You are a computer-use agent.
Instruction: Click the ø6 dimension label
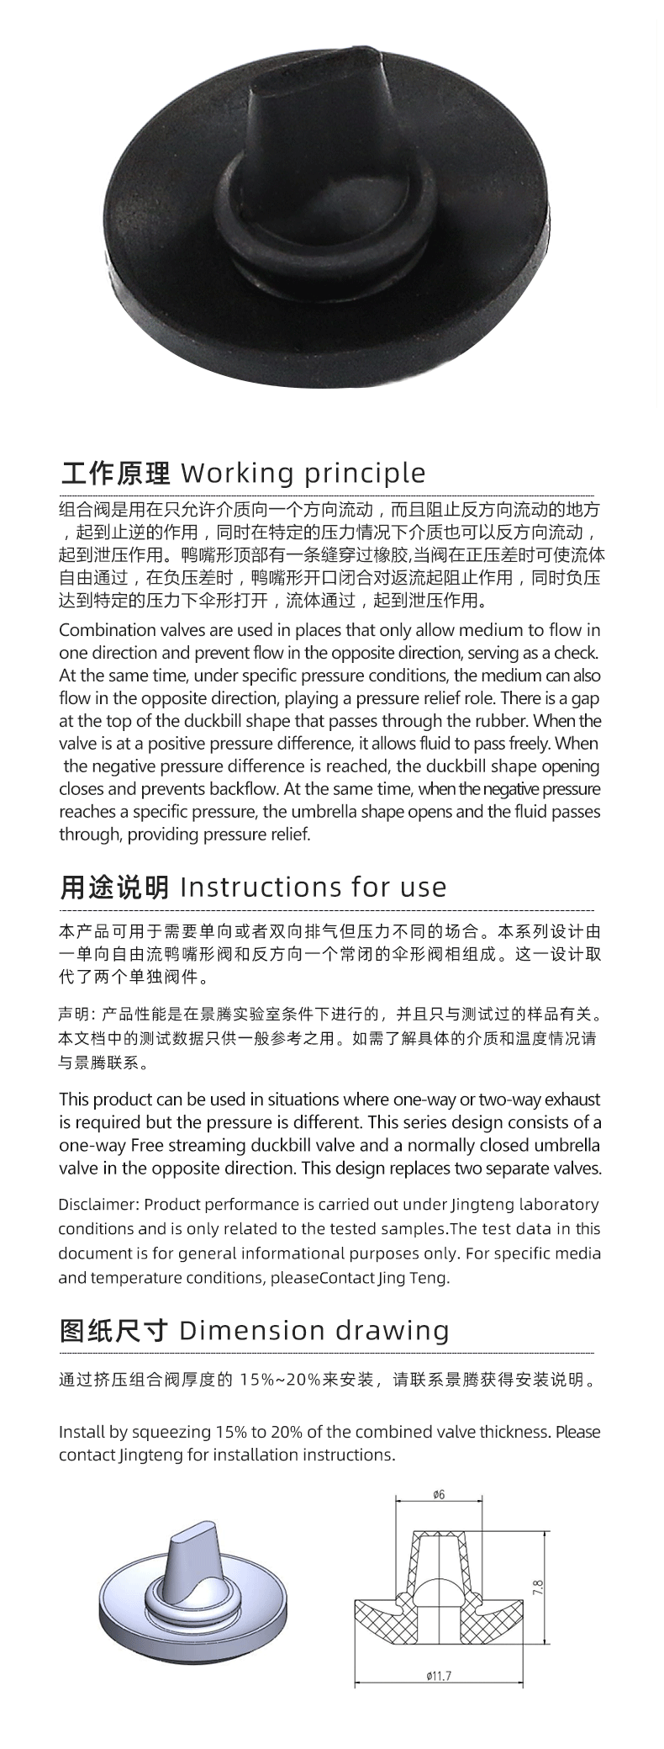coord(438,1495)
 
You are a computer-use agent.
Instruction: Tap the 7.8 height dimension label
coord(538,1586)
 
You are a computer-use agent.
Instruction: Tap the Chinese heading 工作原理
coord(114,473)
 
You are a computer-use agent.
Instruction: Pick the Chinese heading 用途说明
coord(114,888)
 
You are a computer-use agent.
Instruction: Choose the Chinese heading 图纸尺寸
coord(114,1330)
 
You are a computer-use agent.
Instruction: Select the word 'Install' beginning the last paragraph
coord(81,1432)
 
